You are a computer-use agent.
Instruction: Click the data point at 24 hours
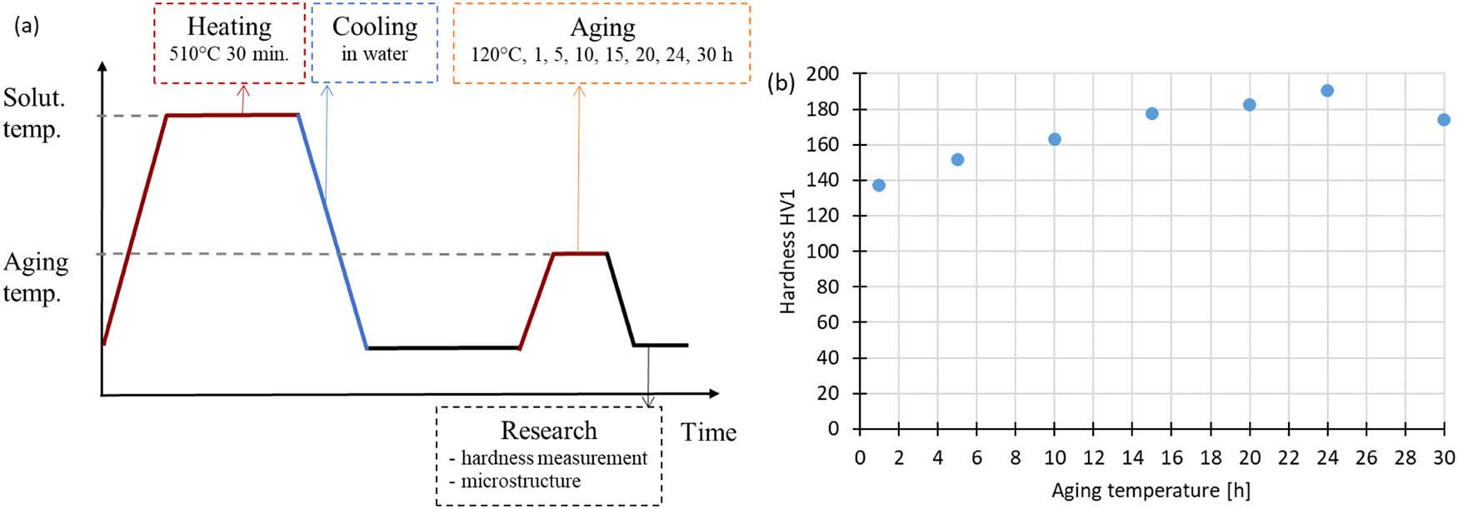[1327, 91]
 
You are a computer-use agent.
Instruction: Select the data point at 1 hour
[879, 185]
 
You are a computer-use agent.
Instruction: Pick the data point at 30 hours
[1444, 120]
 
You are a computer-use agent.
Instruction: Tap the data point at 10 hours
[1055, 139]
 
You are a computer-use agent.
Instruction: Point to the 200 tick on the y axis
[827, 74]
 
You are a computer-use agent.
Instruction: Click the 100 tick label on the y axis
[827, 252]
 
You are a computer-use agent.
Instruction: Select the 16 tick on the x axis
[1171, 457]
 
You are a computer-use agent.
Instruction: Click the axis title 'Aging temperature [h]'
[1151, 491]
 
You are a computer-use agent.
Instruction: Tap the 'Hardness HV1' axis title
[787, 252]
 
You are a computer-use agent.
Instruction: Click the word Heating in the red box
[229, 27]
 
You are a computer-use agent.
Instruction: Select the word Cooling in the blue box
[375, 27]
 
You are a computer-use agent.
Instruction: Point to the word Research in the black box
[548, 431]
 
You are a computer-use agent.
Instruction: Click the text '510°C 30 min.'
[229, 55]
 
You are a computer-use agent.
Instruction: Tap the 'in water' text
[375, 55]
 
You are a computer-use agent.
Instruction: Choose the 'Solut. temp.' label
[33, 113]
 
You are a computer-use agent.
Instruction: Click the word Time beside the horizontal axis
[708, 432]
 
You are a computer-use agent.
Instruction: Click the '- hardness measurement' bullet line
[548, 458]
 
